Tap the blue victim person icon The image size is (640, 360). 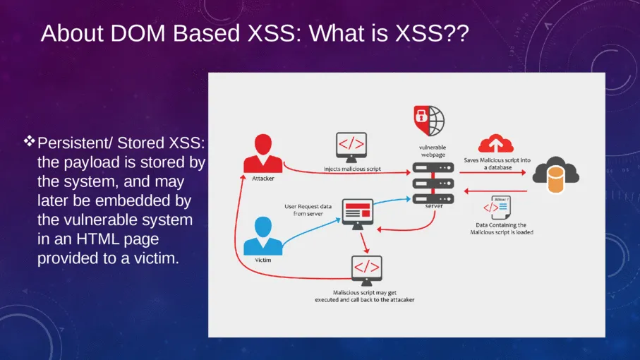coord(262,236)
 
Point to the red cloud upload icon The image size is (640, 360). coord(495,144)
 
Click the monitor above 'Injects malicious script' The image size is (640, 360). coord(351,146)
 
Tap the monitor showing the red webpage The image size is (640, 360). coord(357,212)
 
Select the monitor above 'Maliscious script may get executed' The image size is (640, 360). coord(366,270)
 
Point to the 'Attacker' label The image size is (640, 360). coord(263,179)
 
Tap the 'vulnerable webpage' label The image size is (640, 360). coord(431,150)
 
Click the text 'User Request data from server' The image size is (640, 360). coord(304,210)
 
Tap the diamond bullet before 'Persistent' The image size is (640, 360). coord(30,143)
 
